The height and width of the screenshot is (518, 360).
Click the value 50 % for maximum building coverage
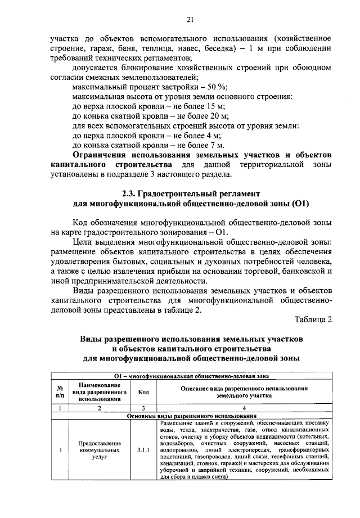pyautogui.click(x=214, y=86)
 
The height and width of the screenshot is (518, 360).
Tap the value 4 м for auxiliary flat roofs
pyautogui.click(x=213, y=136)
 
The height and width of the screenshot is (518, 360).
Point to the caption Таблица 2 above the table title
pyautogui.click(x=313, y=320)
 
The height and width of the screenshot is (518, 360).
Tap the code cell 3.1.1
pyautogui.click(x=143, y=451)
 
